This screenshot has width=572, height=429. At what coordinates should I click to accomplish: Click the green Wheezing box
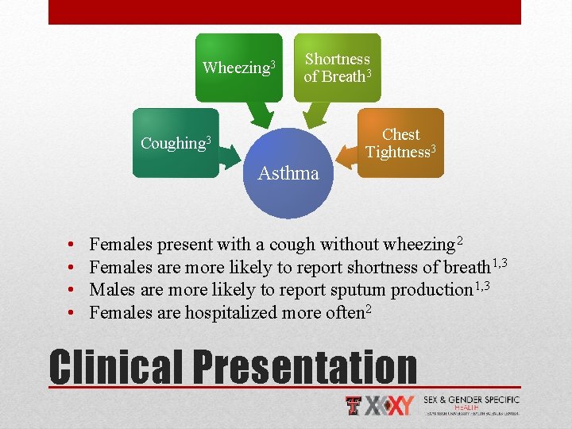click(238, 68)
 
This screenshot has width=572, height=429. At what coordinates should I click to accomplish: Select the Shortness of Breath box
click(337, 68)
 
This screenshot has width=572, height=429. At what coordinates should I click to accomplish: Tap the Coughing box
click(175, 143)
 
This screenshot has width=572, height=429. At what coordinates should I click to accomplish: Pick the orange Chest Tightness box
click(400, 143)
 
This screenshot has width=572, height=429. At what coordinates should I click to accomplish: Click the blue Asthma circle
click(288, 172)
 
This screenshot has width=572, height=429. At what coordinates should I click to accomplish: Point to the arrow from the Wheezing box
click(257, 116)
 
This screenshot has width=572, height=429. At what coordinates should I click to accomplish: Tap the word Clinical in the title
click(115, 367)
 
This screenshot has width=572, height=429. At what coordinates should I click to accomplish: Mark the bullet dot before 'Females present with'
click(71, 244)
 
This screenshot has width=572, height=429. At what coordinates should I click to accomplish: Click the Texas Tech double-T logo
click(354, 405)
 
